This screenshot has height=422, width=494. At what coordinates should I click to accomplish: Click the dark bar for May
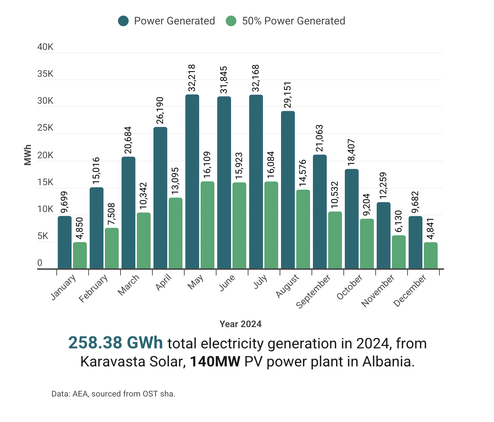pos(192,182)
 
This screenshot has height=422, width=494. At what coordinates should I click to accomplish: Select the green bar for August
pos(303,229)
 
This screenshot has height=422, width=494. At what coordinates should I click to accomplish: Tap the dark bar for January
pos(64,242)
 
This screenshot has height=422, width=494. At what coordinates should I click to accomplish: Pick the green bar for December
pos(431,255)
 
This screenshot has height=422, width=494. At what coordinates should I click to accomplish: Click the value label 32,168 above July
pos(256,78)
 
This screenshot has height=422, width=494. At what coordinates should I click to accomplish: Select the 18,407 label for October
pos(352,153)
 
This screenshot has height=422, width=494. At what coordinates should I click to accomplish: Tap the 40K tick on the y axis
pos(45,47)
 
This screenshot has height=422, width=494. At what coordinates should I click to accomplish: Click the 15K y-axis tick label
pos(45,183)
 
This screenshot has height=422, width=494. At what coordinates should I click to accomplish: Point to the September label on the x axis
pos(313,291)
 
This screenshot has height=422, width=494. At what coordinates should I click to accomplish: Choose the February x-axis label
pos(94,289)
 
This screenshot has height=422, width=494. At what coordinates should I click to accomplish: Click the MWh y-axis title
pos(28,155)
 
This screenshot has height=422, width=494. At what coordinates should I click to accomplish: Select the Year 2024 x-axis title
pos(241,324)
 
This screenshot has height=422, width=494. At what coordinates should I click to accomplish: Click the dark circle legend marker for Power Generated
pos(123,21)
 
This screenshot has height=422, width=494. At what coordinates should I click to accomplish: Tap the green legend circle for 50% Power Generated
pos(231,21)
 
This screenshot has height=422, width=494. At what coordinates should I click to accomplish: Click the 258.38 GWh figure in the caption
pos(116,343)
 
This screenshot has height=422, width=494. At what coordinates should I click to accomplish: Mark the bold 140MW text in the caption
pos(215,362)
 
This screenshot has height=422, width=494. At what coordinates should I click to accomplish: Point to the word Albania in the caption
pos(388,362)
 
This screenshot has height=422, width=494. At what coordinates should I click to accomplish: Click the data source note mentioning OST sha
pos(113,394)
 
